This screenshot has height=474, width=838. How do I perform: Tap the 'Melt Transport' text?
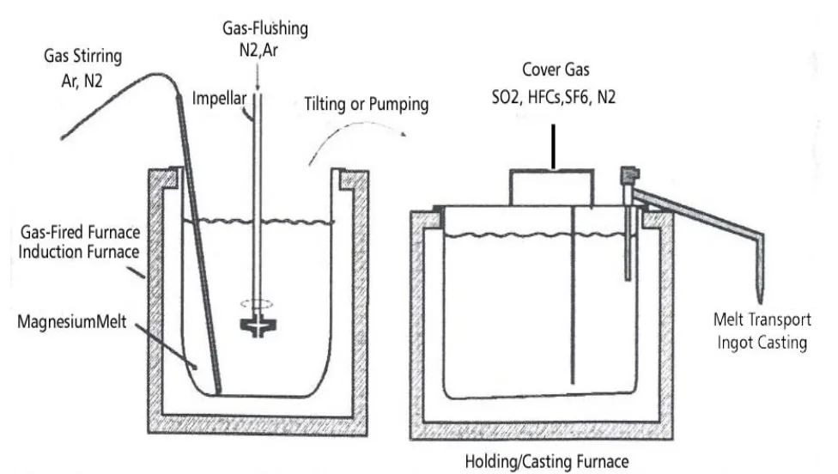[762, 320]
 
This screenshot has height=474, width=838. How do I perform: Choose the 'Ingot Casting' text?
[762, 342]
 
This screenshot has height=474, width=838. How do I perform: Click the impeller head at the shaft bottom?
[255, 326]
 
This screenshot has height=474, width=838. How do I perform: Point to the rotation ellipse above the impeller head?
[255, 302]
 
